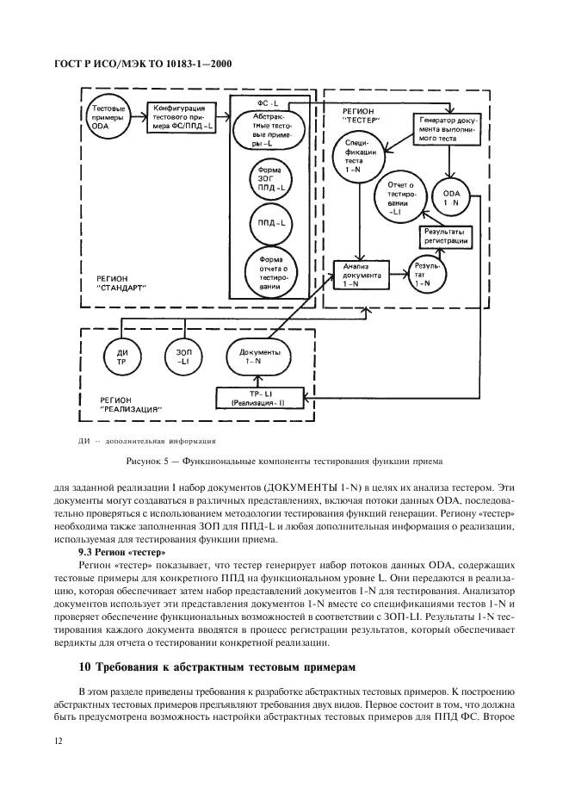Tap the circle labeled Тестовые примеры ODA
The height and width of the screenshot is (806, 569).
110,115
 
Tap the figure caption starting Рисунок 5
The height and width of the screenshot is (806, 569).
284,460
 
